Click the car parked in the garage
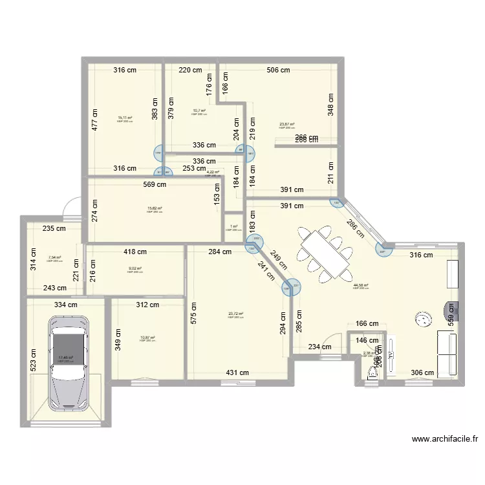(x=67, y=362)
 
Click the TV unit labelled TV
(x=455, y=311)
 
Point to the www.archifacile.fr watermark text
(x=445, y=438)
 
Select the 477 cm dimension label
(x=94, y=119)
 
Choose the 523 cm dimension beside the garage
(x=32, y=356)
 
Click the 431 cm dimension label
(x=237, y=372)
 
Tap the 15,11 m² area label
(x=125, y=118)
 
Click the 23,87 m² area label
(x=286, y=125)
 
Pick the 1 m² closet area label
(x=233, y=227)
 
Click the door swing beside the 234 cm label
(x=332, y=341)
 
